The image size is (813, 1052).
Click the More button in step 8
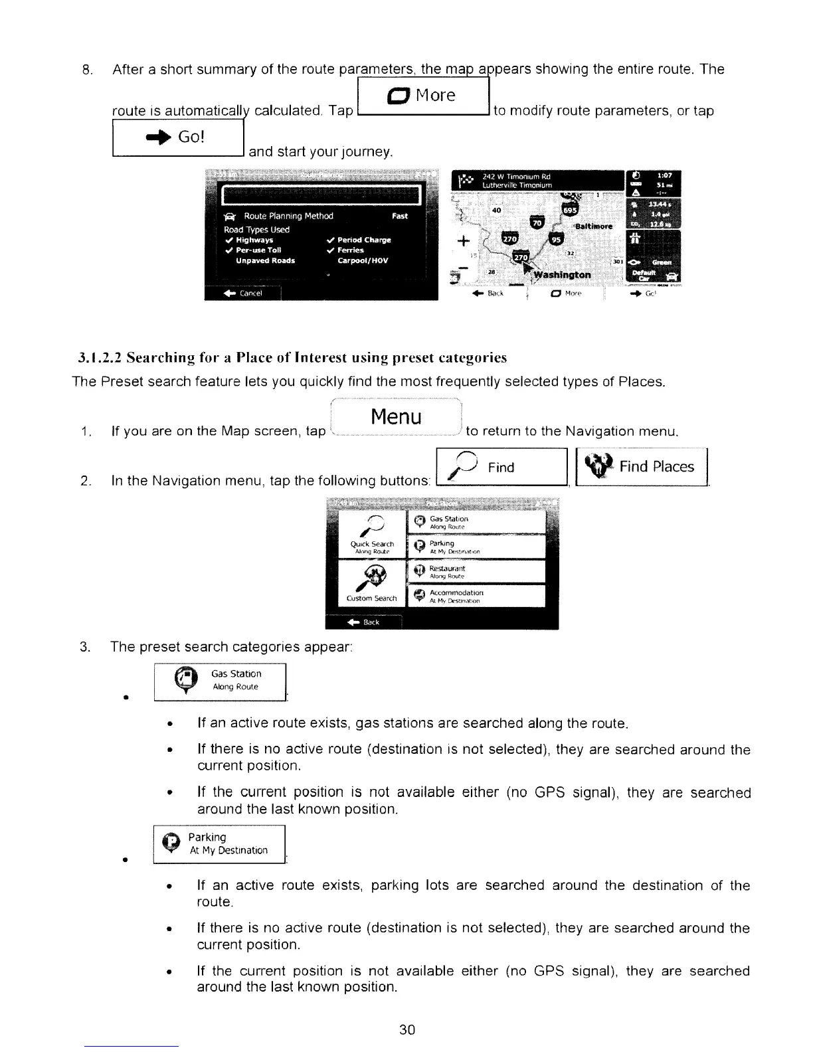coord(423,96)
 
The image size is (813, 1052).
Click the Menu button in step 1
coord(396,417)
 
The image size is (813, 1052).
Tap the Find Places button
coord(643,467)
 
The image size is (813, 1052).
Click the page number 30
coord(406,1029)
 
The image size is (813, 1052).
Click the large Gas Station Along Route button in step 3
coord(220,681)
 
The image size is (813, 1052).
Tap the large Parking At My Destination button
coord(219,844)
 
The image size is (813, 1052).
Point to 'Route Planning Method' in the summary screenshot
coord(288,216)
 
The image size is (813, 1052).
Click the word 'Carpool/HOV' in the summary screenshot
coord(363,261)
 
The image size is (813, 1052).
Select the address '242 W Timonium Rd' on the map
coord(517,177)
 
